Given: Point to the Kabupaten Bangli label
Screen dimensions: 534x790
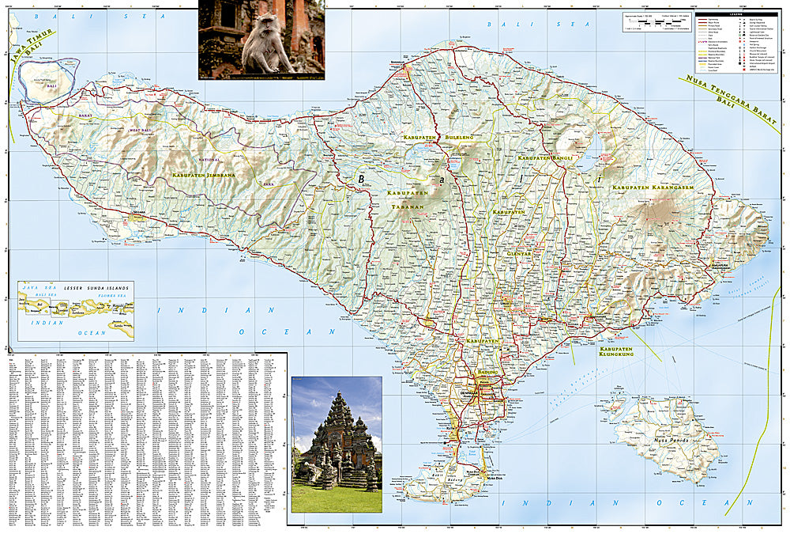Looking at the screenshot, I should point(544,158).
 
